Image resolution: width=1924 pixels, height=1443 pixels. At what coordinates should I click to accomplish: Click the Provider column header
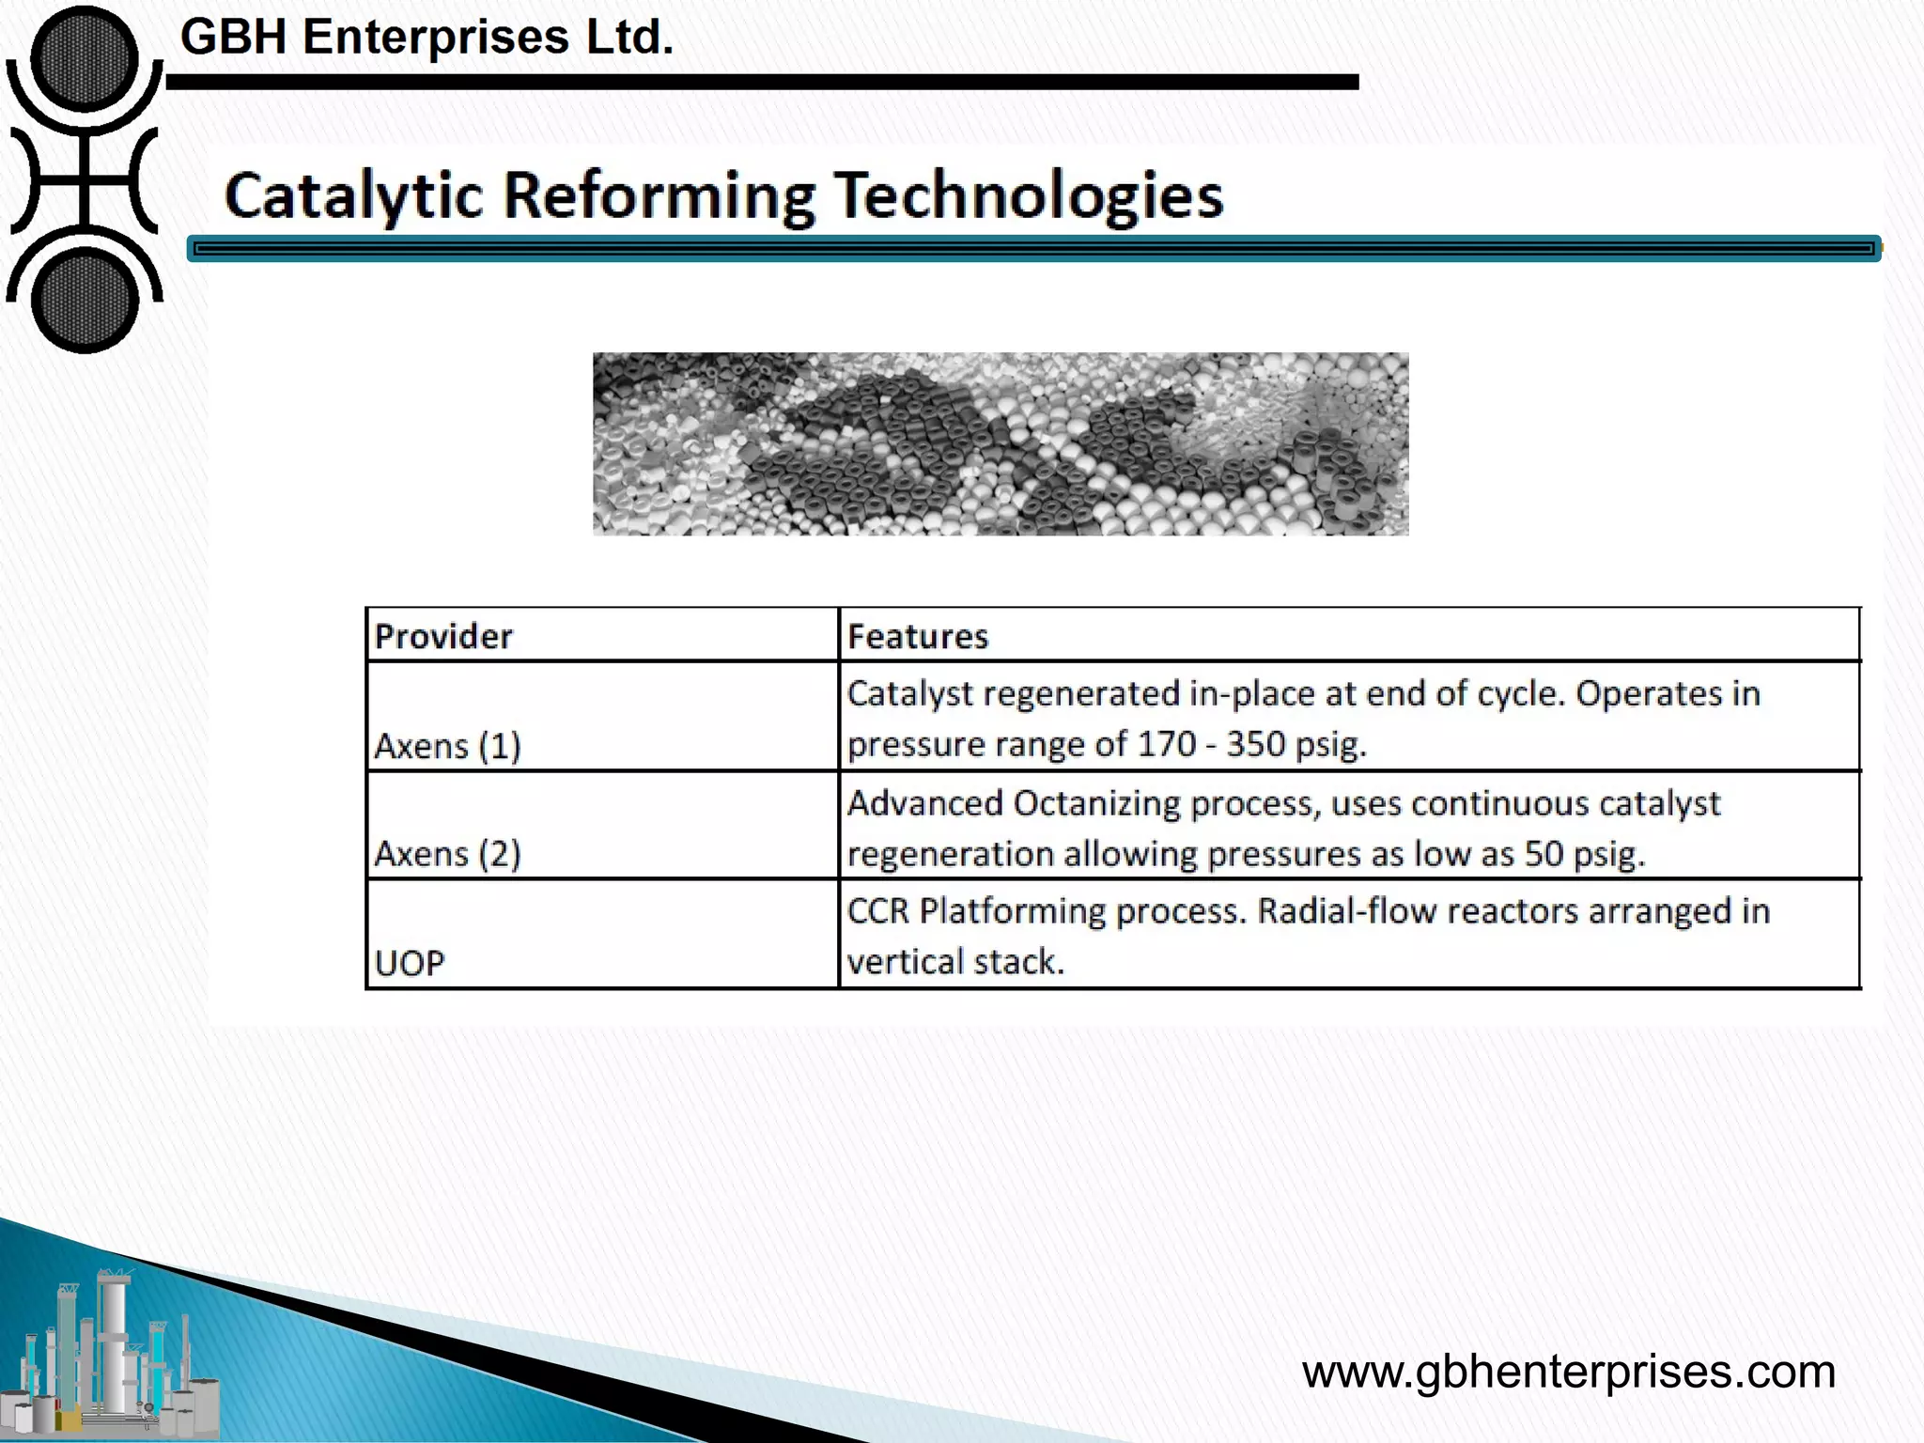pos(443,637)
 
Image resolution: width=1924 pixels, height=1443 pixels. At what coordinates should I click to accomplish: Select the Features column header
pos(918,637)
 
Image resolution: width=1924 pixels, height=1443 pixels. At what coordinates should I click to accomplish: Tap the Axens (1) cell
pos(447,746)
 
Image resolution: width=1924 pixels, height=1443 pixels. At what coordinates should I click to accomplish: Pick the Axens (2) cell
pos(447,854)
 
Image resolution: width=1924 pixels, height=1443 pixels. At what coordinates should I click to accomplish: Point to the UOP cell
pos(410,963)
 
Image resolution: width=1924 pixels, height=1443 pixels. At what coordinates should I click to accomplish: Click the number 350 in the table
pos(1255,744)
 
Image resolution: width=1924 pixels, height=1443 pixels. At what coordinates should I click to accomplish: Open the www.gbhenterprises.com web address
pos(1568,1372)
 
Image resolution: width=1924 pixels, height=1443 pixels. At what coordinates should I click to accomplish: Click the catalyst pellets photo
pos(1001,444)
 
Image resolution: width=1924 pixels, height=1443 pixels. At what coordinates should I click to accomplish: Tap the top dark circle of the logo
pos(85,58)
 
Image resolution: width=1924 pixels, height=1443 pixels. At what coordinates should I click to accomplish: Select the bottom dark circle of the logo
pos(85,301)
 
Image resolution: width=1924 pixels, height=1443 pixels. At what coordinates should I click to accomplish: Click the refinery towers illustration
pos(113,1353)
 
